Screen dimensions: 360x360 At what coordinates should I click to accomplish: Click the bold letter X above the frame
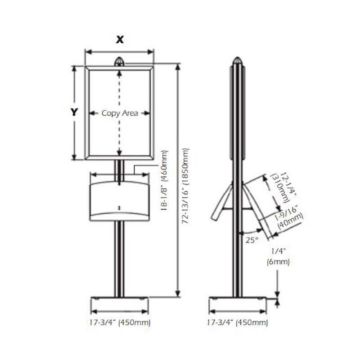point(120,40)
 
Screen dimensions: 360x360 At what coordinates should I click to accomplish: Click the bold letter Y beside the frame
point(74,112)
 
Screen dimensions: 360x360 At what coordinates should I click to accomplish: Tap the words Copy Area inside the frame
point(120,113)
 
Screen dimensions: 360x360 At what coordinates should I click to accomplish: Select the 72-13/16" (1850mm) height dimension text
point(185,186)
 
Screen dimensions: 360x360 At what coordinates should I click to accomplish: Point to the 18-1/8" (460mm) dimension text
point(164,181)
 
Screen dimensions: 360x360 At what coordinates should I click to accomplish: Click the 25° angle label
point(252,240)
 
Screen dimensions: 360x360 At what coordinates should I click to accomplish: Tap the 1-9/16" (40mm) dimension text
point(289,217)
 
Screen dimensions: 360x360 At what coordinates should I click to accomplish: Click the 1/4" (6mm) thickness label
point(278,256)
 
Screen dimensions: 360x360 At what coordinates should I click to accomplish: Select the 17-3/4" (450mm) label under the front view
point(120,322)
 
